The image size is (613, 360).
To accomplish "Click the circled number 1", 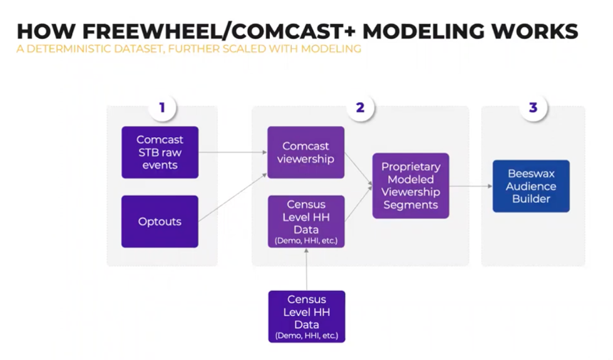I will [162, 108].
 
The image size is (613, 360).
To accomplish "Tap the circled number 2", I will [360, 108].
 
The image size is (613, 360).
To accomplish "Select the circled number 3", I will [533, 108].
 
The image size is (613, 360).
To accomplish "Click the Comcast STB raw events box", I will [160, 153].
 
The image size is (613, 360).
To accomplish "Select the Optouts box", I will [160, 222].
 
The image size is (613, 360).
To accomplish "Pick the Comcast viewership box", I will [306, 153].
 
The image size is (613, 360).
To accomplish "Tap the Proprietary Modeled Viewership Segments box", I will [411, 186].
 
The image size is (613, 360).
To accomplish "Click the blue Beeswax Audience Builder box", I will [531, 186].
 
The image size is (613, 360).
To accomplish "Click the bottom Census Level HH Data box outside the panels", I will [306, 316].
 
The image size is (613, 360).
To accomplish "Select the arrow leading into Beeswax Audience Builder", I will [470, 186].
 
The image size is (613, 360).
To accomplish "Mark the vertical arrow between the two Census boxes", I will [306, 269].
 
